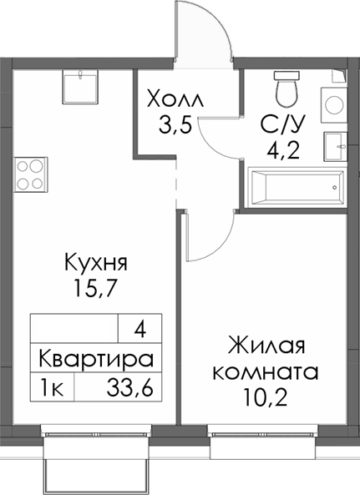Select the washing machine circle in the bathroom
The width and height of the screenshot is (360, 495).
pyautogui.click(x=335, y=104)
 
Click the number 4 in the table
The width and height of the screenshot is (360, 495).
pyautogui.click(x=139, y=329)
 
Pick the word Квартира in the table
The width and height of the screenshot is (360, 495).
pyautogui.click(x=95, y=360)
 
